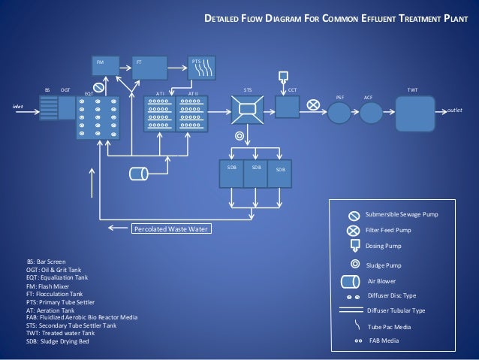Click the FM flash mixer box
107,65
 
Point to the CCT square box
288,107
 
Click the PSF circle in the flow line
340,113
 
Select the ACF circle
369,113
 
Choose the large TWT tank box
414,113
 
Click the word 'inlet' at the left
18,107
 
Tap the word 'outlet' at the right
455,110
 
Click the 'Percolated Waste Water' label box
172,228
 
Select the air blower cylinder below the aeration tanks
138,174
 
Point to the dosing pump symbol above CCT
283,77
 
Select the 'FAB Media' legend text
384,340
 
